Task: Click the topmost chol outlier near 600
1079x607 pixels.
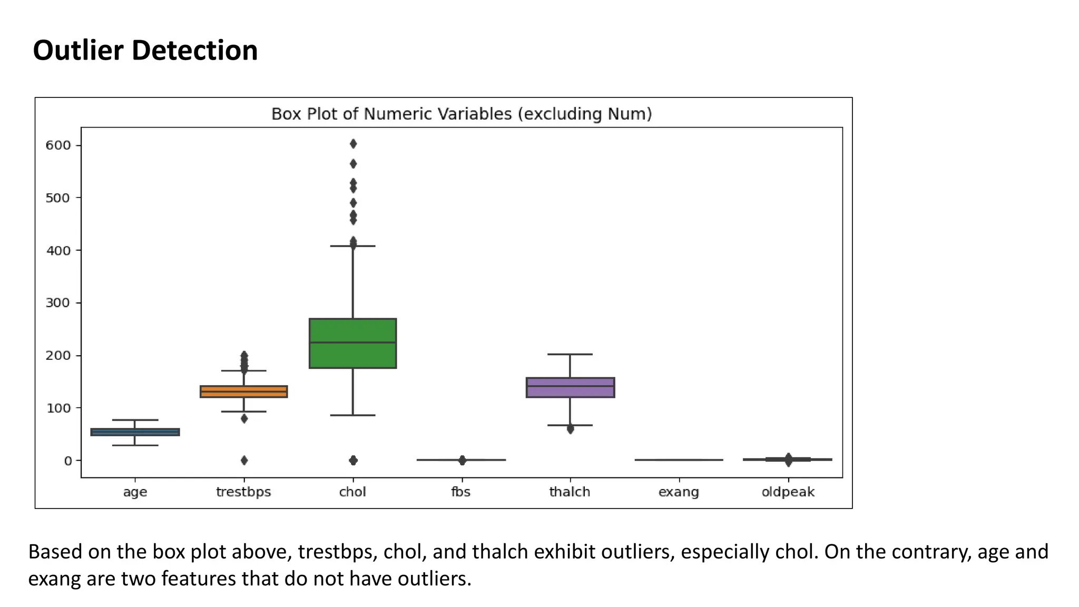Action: click(x=353, y=144)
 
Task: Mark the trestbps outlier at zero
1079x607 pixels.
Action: click(x=244, y=460)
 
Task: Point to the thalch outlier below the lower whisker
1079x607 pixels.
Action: click(x=570, y=429)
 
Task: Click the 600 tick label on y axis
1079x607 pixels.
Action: click(x=58, y=145)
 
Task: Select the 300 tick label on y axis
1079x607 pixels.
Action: click(x=58, y=303)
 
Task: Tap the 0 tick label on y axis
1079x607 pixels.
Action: click(x=68, y=461)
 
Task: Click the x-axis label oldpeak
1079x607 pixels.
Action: click(x=788, y=492)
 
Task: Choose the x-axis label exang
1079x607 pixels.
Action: click(x=679, y=492)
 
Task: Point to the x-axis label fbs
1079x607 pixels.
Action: click(x=460, y=492)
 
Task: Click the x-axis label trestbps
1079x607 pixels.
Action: click(x=243, y=492)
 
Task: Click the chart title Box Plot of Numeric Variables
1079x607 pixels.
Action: click(x=462, y=114)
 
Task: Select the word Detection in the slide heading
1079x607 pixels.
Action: click(x=194, y=51)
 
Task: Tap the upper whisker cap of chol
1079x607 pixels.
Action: click(x=352, y=246)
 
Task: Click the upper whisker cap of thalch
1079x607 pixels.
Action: click(x=570, y=354)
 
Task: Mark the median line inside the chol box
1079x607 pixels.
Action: click(x=352, y=342)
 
